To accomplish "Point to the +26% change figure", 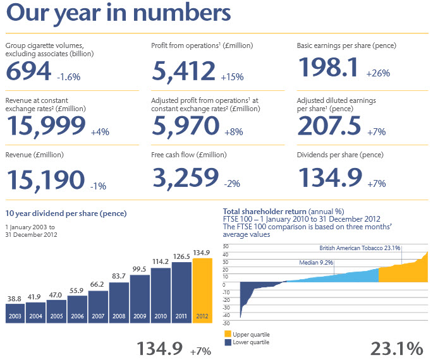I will point(378,73).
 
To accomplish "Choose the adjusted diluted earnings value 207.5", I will point(329,126).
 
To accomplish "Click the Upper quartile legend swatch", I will point(228,334).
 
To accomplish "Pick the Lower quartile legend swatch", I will point(228,342).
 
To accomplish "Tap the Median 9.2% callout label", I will point(316,262).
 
